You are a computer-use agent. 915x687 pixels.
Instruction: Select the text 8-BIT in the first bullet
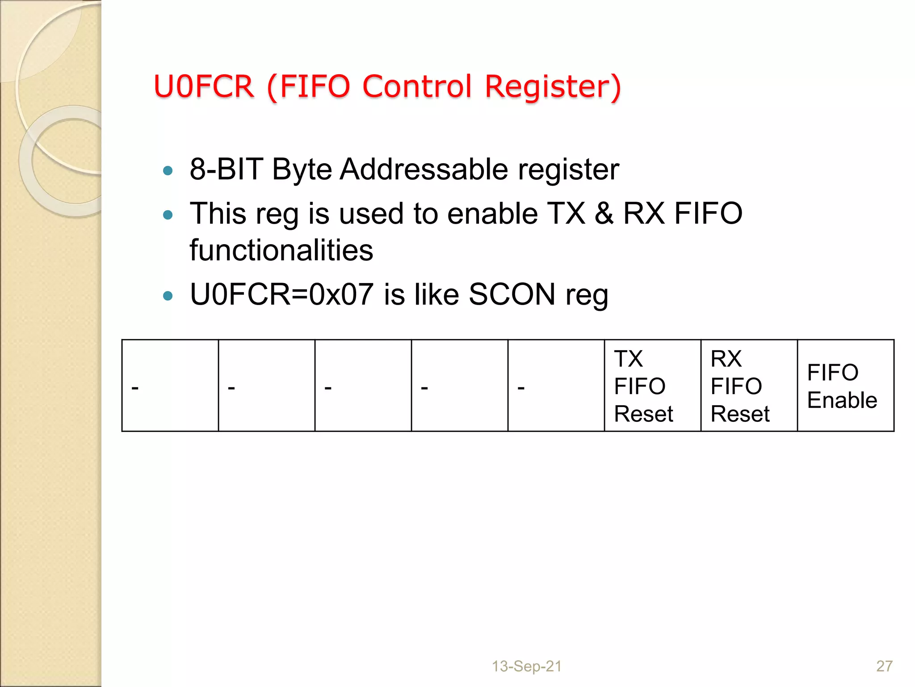tap(226, 170)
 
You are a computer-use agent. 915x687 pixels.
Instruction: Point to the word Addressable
tap(424, 170)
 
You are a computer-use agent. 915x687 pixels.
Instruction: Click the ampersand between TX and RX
tap(604, 213)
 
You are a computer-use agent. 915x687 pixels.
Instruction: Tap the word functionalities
tap(281, 250)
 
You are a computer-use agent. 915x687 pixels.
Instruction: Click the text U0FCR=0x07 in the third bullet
tap(281, 295)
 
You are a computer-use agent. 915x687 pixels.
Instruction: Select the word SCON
tap(512, 295)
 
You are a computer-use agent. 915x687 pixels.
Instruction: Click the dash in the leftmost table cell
tap(135, 387)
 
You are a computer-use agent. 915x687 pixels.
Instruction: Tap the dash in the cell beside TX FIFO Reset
tap(521, 387)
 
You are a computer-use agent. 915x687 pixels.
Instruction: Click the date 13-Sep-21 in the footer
tap(526, 666)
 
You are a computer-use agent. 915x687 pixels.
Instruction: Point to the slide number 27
tap(884, 666)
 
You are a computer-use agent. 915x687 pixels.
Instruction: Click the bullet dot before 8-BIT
tap(168, 170)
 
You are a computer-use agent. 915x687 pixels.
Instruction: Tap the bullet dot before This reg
tap(168, 215)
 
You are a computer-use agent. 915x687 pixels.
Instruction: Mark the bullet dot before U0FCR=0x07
tap(168, 296)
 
